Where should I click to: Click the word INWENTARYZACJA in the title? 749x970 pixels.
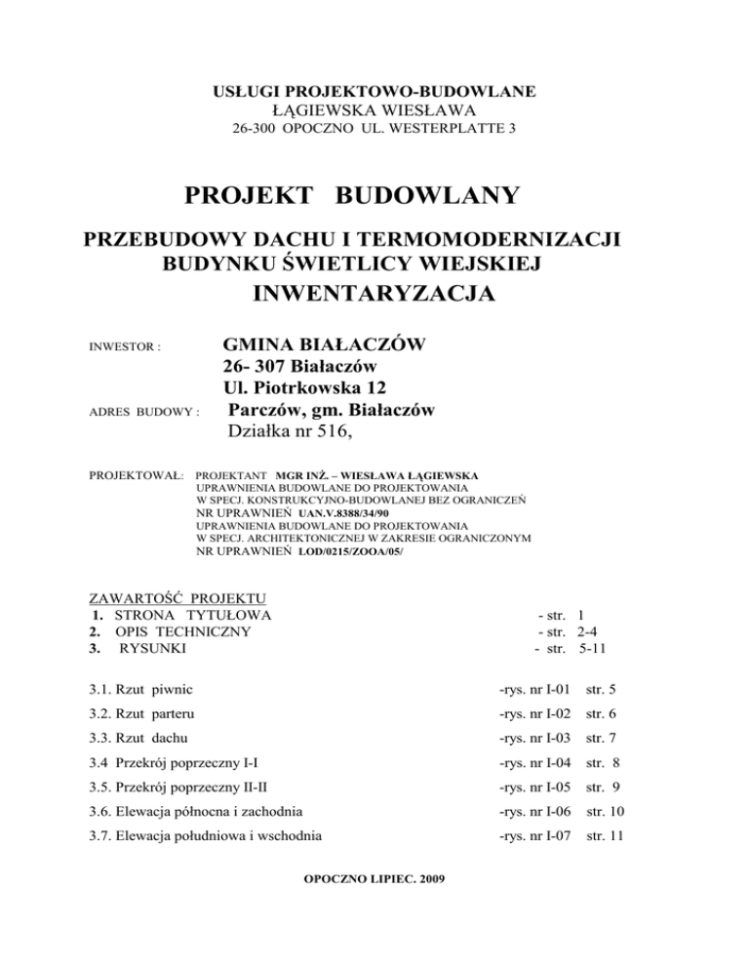pos(374,293)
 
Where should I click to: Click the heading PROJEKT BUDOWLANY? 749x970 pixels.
pos(374,198)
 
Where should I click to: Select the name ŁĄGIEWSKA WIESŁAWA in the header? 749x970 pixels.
pos(374,109)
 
